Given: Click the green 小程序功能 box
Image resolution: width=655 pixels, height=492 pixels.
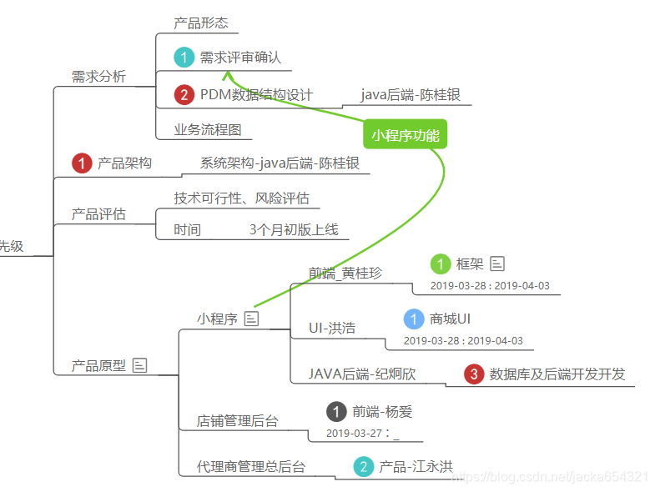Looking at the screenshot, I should [x=406, y=135].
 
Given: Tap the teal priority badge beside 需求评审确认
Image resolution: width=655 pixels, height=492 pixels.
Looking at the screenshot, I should [x=184, y=58].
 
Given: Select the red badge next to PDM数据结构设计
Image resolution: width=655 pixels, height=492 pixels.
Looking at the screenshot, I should [x=184, y=95].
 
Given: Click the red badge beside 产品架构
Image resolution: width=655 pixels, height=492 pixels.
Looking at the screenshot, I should [x=82, y=163].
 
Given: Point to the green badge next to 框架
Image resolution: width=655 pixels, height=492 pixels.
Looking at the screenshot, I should [x=441, y=264].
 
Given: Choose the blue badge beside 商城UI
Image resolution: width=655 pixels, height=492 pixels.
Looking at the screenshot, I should [x=414, y=319].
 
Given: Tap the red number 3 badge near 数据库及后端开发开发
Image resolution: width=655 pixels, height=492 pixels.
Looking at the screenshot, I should [x=474, y=374].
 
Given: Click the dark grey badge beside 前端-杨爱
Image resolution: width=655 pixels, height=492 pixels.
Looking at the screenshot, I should [x=336, y=411].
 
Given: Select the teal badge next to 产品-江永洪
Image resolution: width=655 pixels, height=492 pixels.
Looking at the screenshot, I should [x=363, y=466].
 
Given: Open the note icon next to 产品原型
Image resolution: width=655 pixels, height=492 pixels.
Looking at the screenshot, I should [x=140, y=365].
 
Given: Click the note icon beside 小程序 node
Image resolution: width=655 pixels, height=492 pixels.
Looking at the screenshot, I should [x=251, y=319].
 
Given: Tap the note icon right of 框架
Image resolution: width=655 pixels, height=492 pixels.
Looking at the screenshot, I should [x=497, y=264].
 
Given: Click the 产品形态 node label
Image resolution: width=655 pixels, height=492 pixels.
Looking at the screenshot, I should [x=200, y=23].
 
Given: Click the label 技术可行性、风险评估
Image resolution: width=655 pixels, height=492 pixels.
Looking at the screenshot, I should [x=241, y=198].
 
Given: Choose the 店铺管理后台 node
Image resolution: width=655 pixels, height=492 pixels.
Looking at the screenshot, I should [x=237, y=421].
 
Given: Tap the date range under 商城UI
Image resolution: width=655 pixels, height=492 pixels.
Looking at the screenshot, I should [x=463, y=340].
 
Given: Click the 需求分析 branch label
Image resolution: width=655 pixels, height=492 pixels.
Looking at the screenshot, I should [x=98, y=77].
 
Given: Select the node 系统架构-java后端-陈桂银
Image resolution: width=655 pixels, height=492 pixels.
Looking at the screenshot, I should [x=280, y=163].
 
